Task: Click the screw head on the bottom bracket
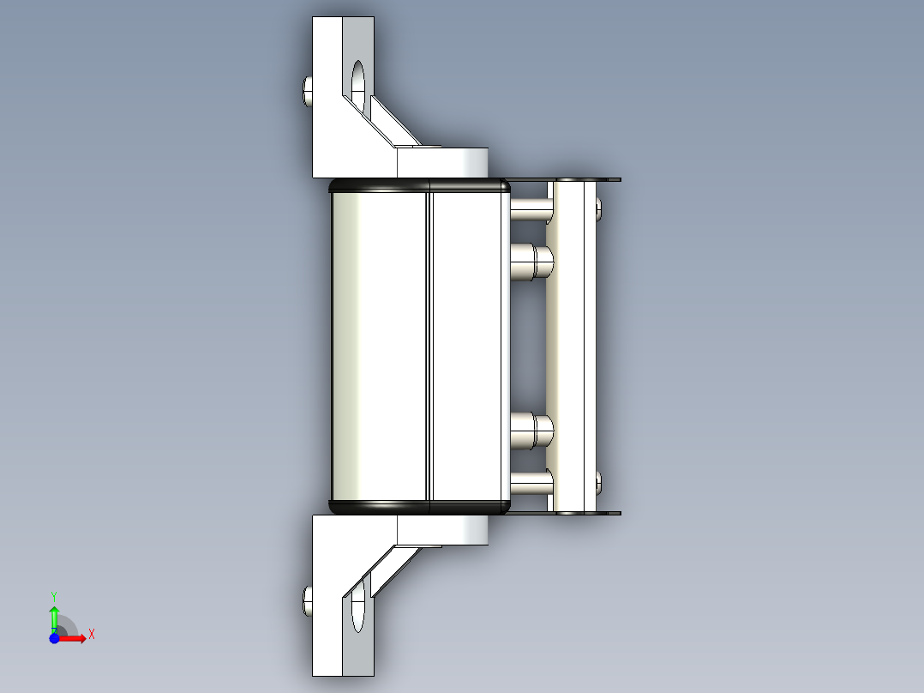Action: [308, 601]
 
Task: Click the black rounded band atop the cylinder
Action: [420, 184]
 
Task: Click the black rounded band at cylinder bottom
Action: [420, 508]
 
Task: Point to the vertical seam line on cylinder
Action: [428, 343]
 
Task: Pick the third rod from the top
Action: [531, 429]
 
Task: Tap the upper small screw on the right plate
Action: [598, 207]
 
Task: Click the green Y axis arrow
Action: [54, 613]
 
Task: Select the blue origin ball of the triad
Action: [54, 638]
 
